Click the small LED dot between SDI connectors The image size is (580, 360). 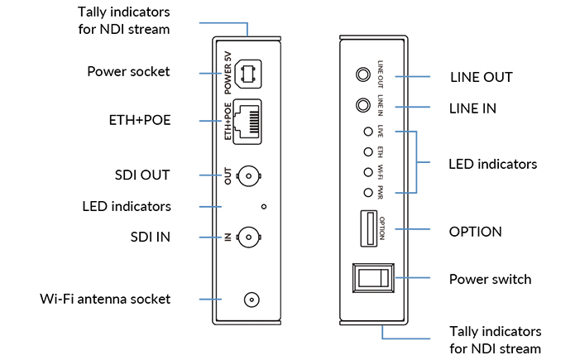click(x=263, y=206)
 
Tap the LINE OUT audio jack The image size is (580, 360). click(x=362, y=75)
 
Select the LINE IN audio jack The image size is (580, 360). click(x=362, y=106)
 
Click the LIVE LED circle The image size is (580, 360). click(x=365, y=132)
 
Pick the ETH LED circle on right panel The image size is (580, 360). click(x=365, y=151)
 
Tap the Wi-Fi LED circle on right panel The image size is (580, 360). click(x=365, y=172)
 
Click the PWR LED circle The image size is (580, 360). click(x=365, y=192)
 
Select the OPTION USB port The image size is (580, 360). click(x=365, y=228)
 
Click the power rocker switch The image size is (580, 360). click(x=371, y=279)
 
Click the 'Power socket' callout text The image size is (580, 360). click(x=128, y=72)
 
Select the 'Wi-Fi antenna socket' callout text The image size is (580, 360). click(x=105, y=299)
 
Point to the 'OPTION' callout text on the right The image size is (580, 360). click(x=475, y=231)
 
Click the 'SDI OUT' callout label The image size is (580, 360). click(x=142, y=175)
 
